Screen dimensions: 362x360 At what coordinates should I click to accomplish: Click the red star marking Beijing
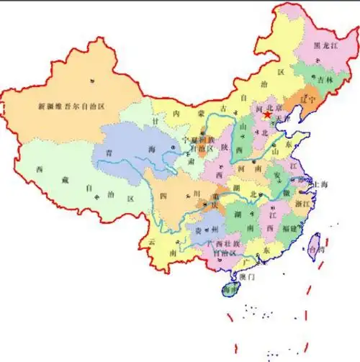pos(268,114)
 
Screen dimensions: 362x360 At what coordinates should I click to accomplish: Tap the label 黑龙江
pos(328,45)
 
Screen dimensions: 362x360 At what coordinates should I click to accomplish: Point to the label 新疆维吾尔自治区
pos(72,106)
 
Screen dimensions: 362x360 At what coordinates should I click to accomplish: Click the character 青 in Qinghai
pos(109,153)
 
